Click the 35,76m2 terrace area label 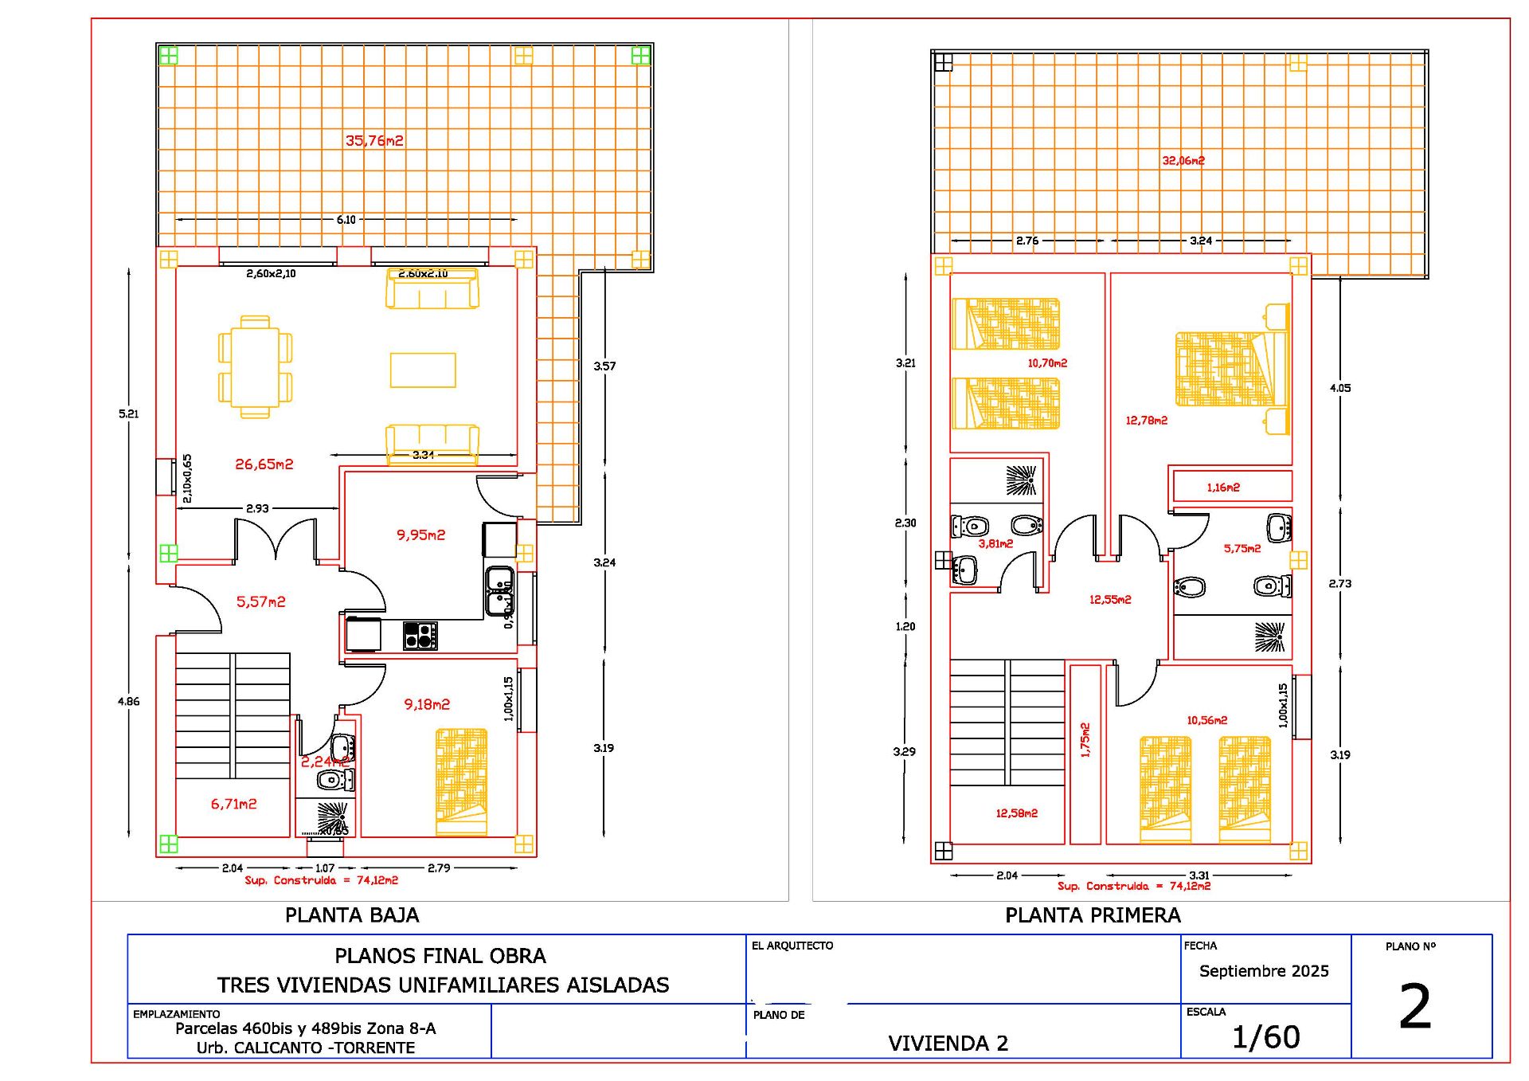click(x=374, y=141)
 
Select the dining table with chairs click(x=255, y=366)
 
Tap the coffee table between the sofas click(x=423, y=370)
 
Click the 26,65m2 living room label click(x=264, y=464)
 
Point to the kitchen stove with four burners click(x=420, y=636)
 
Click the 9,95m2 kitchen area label click(x=420, y=535)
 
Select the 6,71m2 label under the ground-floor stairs click(x=233, y=804)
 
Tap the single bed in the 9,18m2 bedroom click(x=461, y=781)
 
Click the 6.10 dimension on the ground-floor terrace click(x=346, y=220)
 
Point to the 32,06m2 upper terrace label click(x=1183, y=161)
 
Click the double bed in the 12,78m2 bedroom click(x=1230, y=369)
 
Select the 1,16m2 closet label click(x=1222, y=488)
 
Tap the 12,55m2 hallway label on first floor click(x=1110, y=600)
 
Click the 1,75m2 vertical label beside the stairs click(x=1085, y=739)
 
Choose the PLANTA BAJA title click(x=352, y=915)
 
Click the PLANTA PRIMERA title click(x=1093, y=915)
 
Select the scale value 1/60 click(x=1265, y=1037)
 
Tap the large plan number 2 click(x=1415, y=1007)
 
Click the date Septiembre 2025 click(x=1264, y=971)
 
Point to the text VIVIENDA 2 click(x=948, y=1043)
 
